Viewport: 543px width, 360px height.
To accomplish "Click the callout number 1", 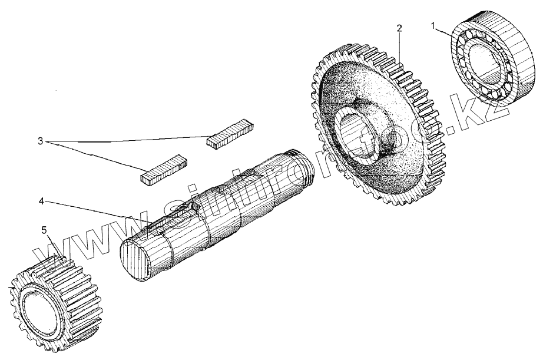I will (x=433, y=27).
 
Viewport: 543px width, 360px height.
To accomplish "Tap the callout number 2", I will (x=399, y=28).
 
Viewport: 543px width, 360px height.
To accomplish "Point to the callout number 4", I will (x=41, y=202).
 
